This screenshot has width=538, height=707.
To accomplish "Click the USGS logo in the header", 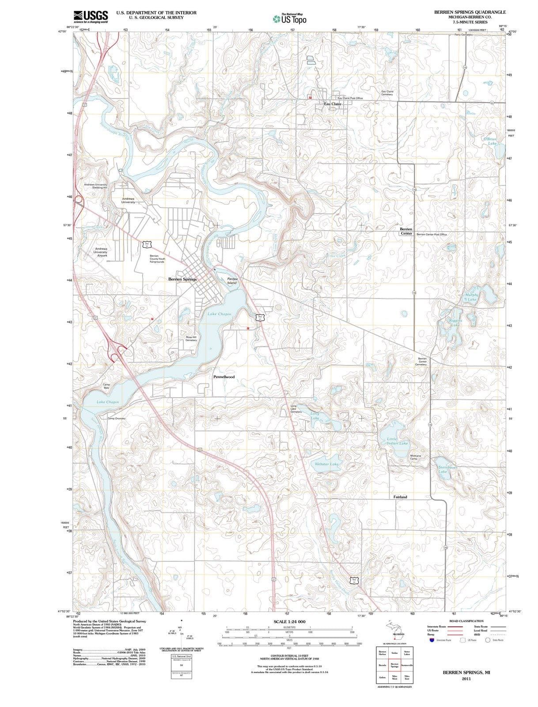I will click(x=91, y=16).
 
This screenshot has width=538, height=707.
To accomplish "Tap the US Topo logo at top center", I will click(x=289, y=19).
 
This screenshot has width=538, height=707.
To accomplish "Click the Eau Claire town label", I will click(x=333, y=104).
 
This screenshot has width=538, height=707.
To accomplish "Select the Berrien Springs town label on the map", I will click(x=182, y=279).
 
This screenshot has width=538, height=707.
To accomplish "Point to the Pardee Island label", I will click(x=232, y=281).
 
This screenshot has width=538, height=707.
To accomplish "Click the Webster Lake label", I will click(x=326, y=464).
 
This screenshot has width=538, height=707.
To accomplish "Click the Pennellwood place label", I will click(x=224, y=377).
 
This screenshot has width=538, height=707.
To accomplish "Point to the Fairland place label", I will click(x=400, y=497).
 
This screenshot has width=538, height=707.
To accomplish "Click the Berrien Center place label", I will click(x=406, y=231).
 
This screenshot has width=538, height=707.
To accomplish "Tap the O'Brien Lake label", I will click(x=490, y=141).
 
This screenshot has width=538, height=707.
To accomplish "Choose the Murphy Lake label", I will click(x=471, y=297).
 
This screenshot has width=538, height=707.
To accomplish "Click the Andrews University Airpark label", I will click(x=101, y=252).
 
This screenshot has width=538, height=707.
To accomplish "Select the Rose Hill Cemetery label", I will click(x=191, y=338).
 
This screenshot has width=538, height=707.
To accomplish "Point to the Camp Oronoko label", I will click(x=116, y=418).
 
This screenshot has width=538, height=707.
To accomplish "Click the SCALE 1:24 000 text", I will click(x=289, y=621).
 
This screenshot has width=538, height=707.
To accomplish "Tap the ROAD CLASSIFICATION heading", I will click(x=466, y=621).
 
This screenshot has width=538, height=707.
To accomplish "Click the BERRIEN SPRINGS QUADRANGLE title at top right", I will click(x=470, y=12).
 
